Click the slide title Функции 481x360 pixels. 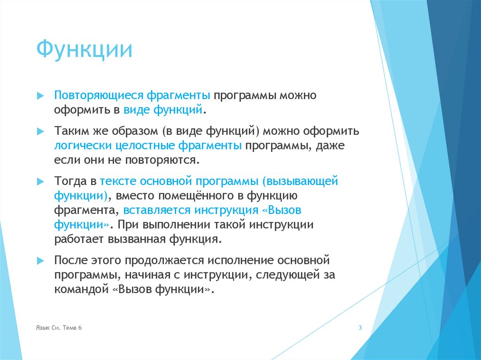pyautogui.click(x=84, y=50)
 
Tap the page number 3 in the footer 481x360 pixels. pyautogui.click(x=360, y=328)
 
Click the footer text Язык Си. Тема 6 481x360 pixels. pyautogui.click(x=59, y=328)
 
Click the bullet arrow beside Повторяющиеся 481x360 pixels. pyautogui.click(x=40, y=95)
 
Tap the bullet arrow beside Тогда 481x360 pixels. pyautogui.click(x=40, y=181)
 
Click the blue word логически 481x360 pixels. pyautogui.click(x=78, y=146)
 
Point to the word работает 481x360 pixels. pyautogui.click(x=79, y=239)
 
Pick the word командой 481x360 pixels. pyautogui.click(x=81, y=289)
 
